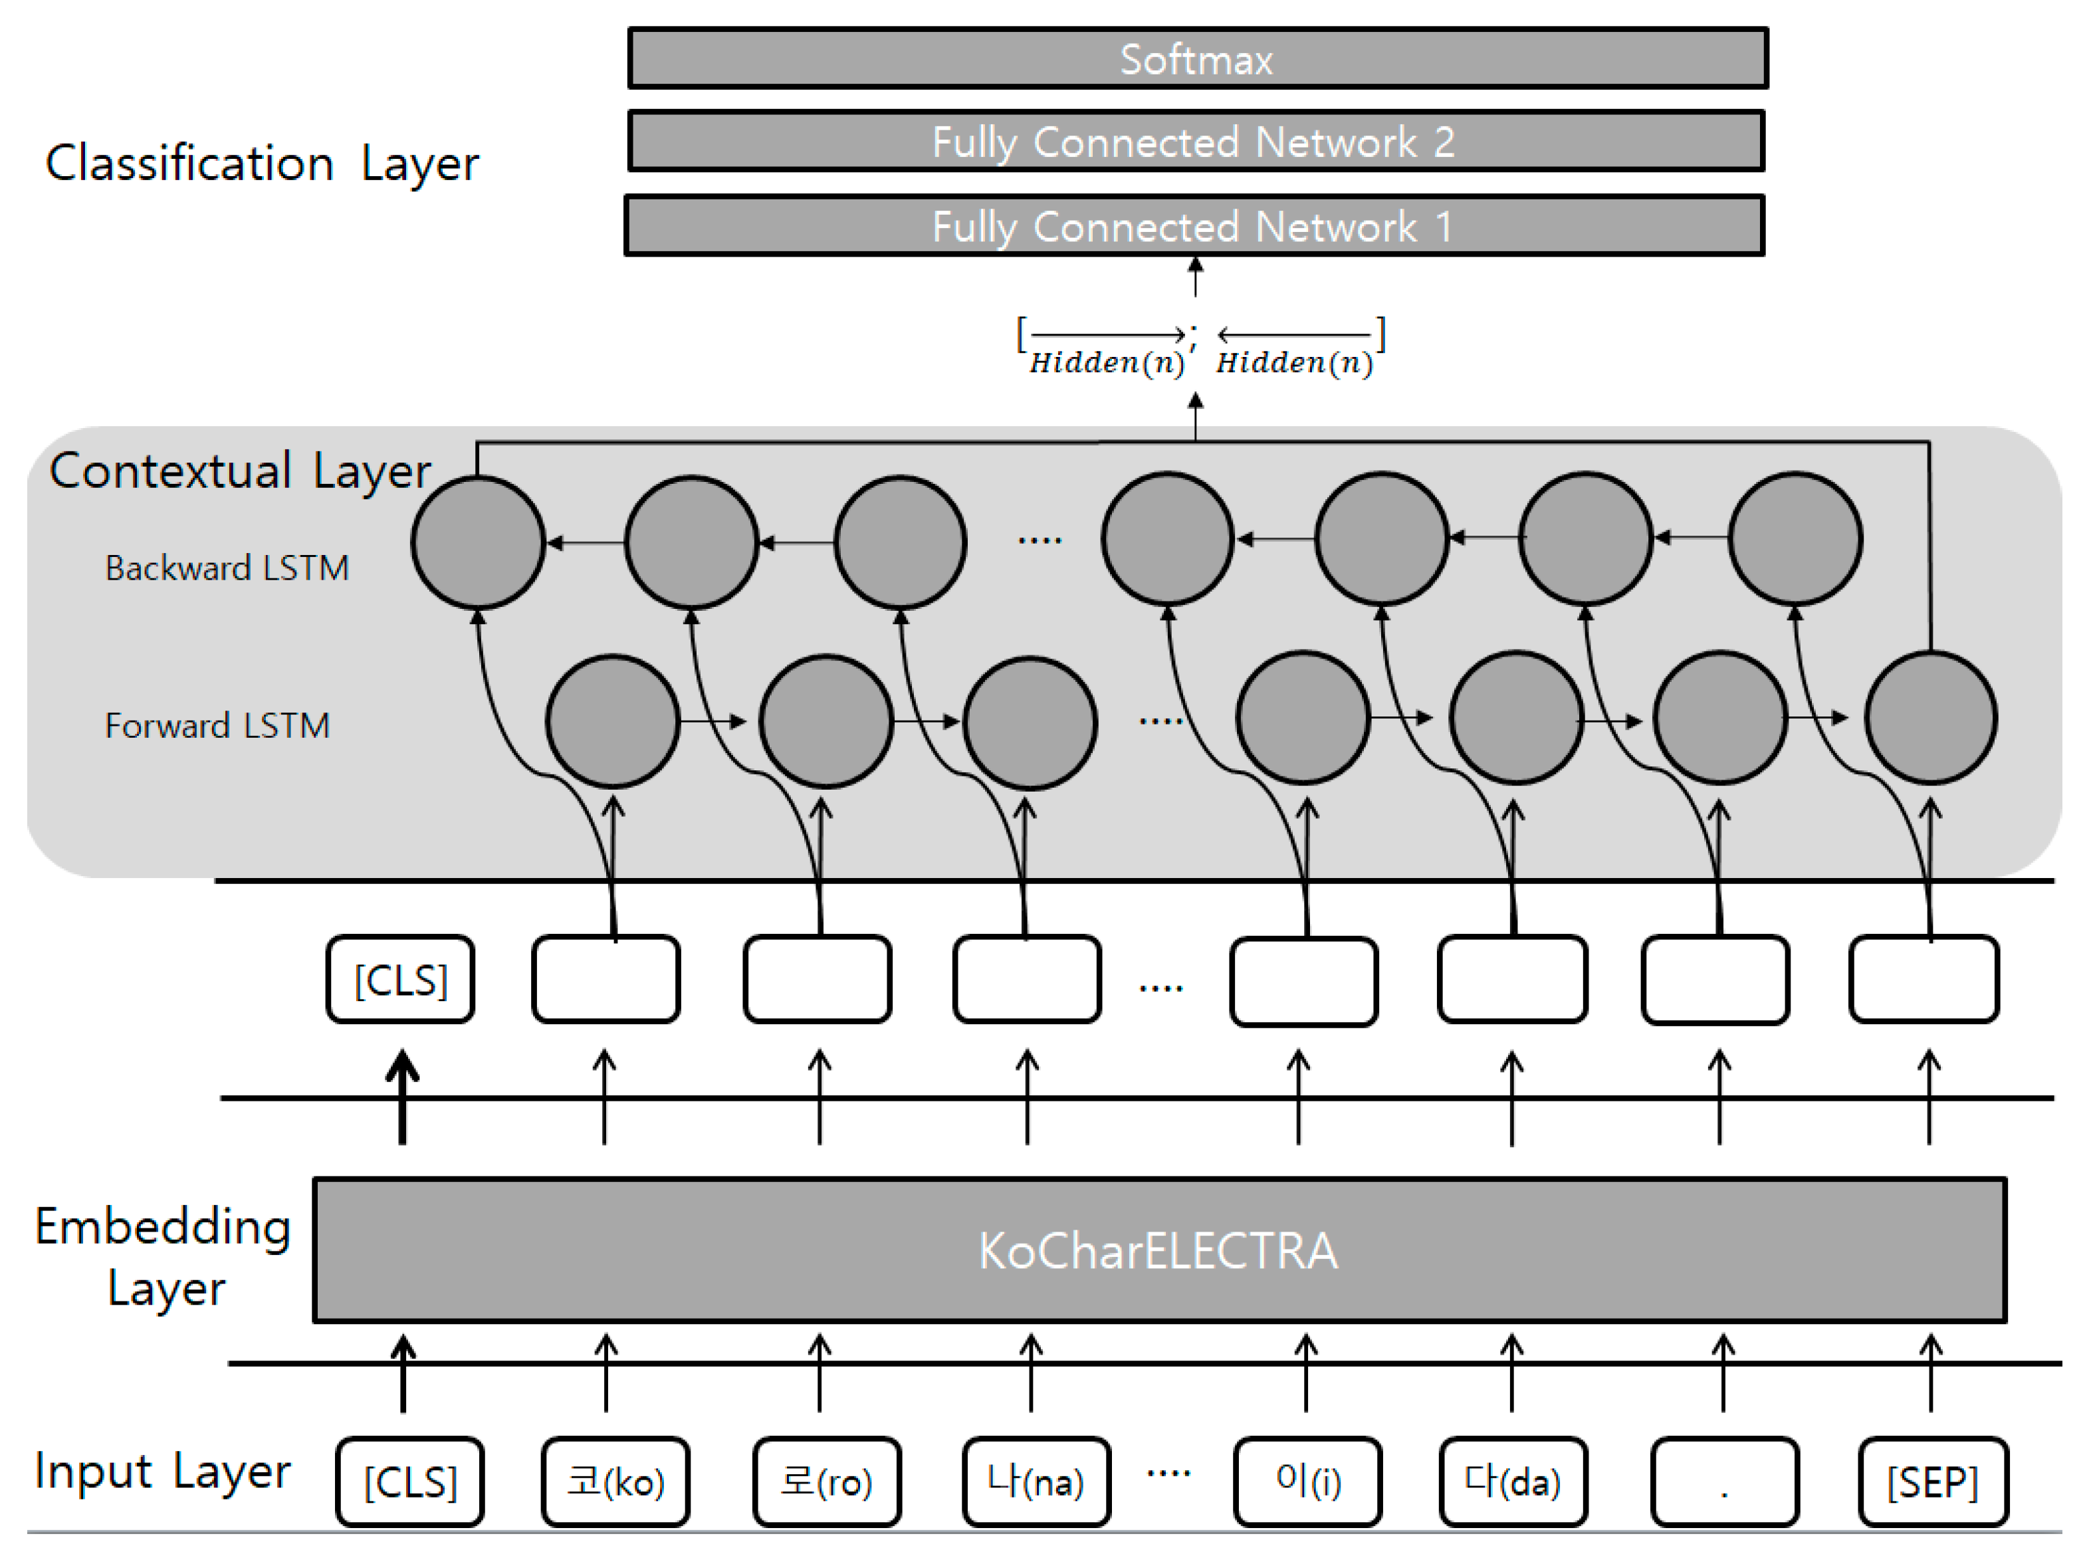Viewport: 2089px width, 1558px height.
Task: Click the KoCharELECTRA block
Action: click(x=1158, y=1250)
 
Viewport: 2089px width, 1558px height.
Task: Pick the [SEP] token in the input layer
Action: click(x=1931, y=1482)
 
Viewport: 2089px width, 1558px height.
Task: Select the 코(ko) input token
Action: click(x=615, y=1482)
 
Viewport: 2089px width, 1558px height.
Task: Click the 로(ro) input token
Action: click(x=825, y=1482)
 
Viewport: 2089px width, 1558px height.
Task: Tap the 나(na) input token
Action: click(x=1035, y=1482)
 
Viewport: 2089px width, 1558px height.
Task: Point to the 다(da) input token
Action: click(x=1512, y=1482)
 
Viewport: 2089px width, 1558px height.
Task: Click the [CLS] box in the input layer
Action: click(x=409, y=1482)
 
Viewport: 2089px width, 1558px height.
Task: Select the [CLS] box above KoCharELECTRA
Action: click(x=400, y=980)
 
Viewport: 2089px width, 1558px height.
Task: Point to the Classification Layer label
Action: click(x=262, y=163)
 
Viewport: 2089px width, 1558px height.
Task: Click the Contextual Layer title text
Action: click(x=239, y=471)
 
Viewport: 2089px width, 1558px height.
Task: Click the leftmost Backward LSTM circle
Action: click(x=478, y=542)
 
